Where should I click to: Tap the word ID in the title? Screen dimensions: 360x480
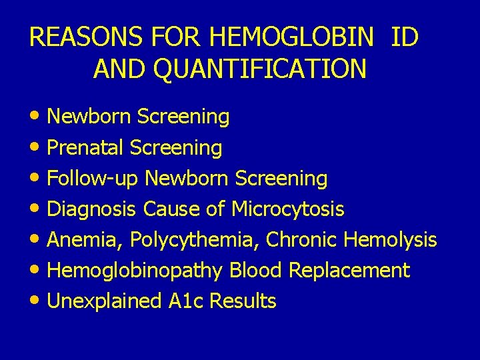[x=404, y=37]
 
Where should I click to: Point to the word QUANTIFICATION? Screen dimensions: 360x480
[x=259, y=69]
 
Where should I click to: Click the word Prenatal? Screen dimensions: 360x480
[x=86, y=147]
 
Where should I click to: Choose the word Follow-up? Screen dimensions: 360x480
[x=93, y=179]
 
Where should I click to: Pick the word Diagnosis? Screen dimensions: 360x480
[x=93, y=209]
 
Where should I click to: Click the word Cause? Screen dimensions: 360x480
[x=172, y=209]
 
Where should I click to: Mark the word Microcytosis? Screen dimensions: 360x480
[x=287, y=209]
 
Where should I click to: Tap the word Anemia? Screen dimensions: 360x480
[x=85, y=240]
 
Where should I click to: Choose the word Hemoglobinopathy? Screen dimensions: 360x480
[x=136, y=271]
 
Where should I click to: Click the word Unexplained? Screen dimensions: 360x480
[x=104, y=301]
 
